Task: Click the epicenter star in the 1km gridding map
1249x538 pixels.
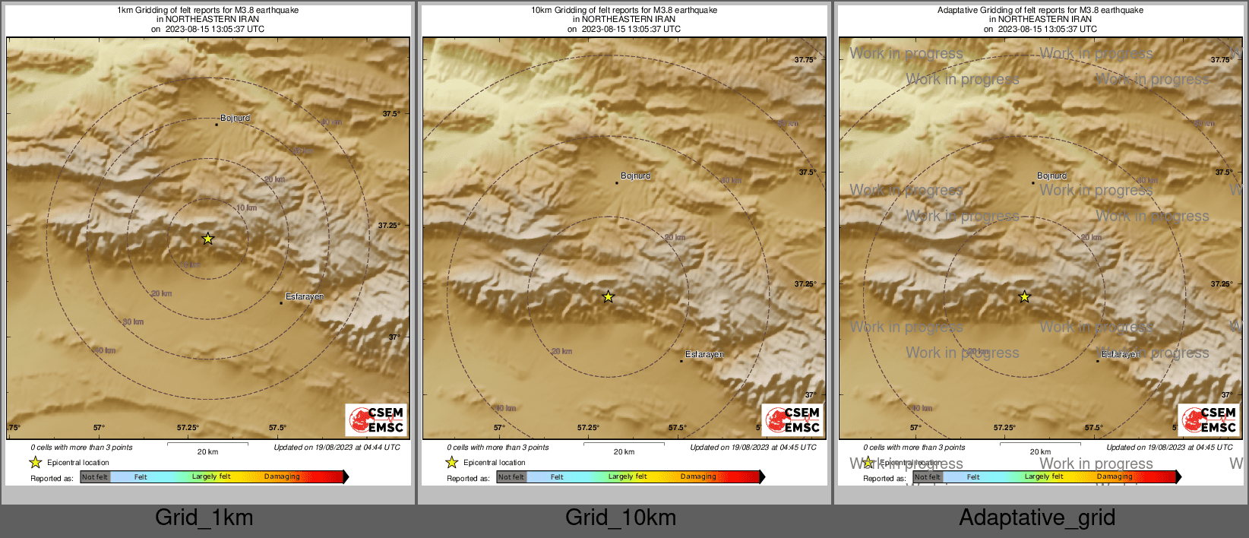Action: (x=208, y=239)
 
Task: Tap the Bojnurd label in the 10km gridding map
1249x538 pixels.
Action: (x=636, y=176)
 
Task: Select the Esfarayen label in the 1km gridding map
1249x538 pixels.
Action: (x=305, y=296)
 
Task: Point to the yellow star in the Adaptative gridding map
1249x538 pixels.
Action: (x=1025, y=296)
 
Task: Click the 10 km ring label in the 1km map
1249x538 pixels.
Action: (x=246, y=207)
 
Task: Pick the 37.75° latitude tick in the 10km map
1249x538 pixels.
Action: (x=805, y=59)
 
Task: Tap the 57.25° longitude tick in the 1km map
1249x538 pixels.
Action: (x=188, y=428)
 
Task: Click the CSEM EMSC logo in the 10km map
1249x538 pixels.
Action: (x=793, y=419)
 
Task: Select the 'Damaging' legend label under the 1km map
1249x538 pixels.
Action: (x=282, y=476)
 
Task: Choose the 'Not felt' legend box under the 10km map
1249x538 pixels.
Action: (x=511, y=477)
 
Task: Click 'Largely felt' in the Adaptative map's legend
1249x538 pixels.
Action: (x=1044, y=476)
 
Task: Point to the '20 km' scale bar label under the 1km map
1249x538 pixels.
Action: (x=207, y=451)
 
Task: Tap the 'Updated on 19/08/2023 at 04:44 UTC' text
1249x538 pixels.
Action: (x=337, y=447)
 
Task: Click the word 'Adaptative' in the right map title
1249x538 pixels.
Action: (x=960, y=10)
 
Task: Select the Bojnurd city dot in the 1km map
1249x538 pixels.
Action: (x=217, y=125)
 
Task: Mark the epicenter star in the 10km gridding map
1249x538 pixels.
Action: (x=609, y=296)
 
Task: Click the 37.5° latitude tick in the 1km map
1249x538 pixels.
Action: (x=391, y=114)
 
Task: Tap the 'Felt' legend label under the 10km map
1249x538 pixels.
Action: (x=557, y=477)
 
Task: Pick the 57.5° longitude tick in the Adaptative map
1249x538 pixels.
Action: (x=1093, y=428)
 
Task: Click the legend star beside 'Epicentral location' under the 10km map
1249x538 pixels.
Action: (x=452, y=462)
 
